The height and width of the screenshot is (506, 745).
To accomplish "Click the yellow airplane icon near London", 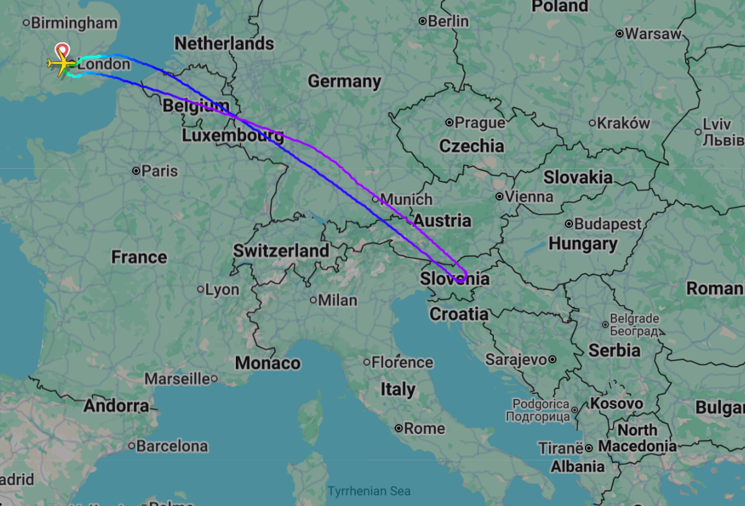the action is click(59, 63).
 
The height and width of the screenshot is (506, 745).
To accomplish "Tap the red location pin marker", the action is click(62, 50).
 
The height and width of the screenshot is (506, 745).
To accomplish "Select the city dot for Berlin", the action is click(423, 21).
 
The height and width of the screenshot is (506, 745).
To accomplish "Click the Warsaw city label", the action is click(653, 34).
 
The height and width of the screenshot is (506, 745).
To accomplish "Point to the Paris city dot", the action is click(136, 171).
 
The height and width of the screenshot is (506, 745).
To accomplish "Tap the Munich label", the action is click(406, 199).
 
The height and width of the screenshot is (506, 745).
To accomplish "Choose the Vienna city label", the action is click(529, 197).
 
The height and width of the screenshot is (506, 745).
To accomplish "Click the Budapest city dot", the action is click(569, 224).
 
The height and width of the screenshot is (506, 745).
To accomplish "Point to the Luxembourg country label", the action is click(233, 136).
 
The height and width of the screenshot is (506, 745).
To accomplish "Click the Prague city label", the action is click(479, 122).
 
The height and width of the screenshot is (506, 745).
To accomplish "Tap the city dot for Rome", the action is click(399, 428).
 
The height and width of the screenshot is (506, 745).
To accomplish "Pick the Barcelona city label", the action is click(172, 446).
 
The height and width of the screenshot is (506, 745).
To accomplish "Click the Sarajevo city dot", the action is click(552, 359).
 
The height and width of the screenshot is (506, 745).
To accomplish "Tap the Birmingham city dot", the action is click(26, 23).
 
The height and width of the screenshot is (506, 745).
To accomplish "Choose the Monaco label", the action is click(268, 363).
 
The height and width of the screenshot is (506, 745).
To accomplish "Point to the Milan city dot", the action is click(314, 300).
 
